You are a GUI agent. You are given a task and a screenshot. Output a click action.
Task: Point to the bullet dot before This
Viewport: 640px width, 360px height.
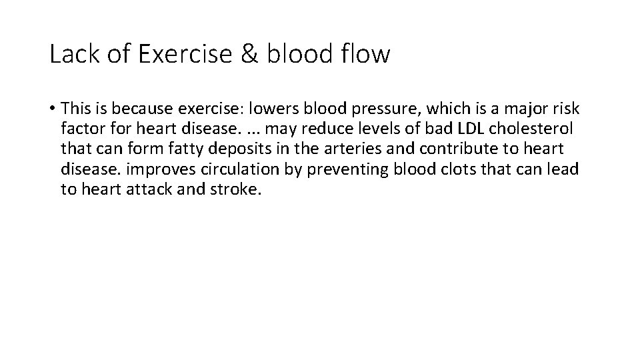pyautogui.click(x=52, y=108)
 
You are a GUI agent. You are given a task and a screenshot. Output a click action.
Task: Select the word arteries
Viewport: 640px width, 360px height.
pyautogui.click(x=361, y=148)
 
